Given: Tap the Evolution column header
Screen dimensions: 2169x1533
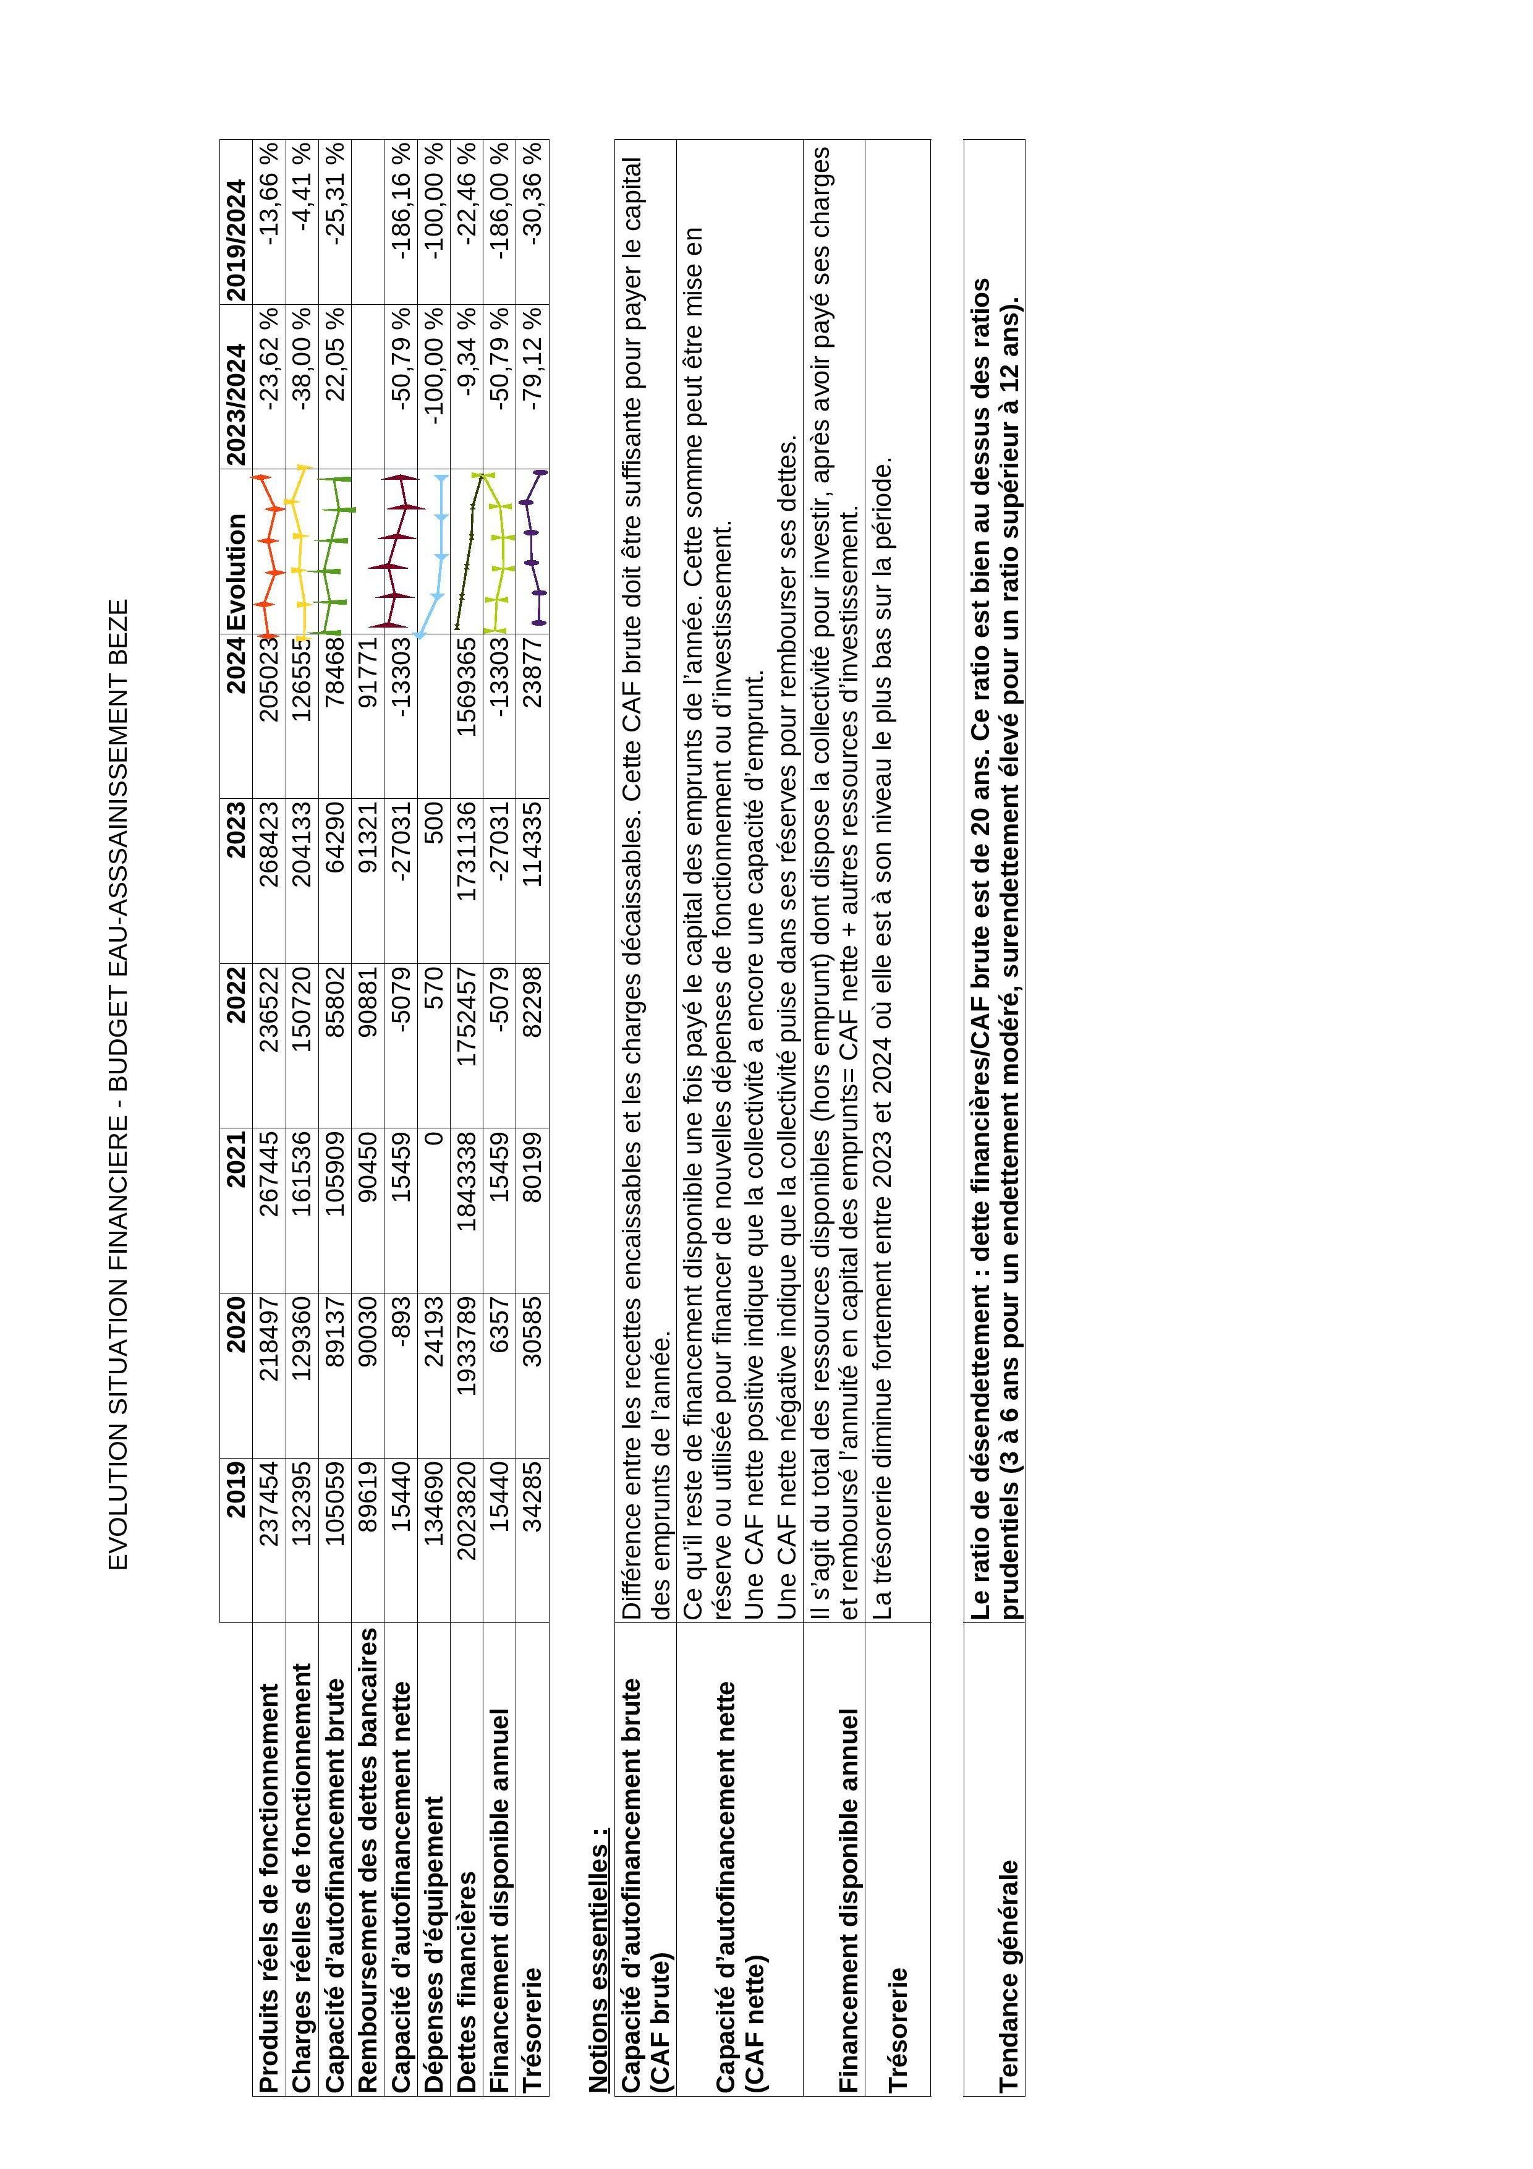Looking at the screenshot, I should tap(236, 571).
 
